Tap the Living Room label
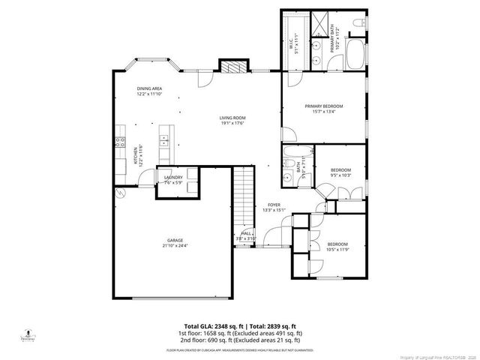tap(232, 120)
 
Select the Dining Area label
tap(149, 91)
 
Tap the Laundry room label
tap(173, 179)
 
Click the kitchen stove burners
tap(119, 142)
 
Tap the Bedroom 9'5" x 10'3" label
tap(341, 172)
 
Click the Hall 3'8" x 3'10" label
tap(247, 235)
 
